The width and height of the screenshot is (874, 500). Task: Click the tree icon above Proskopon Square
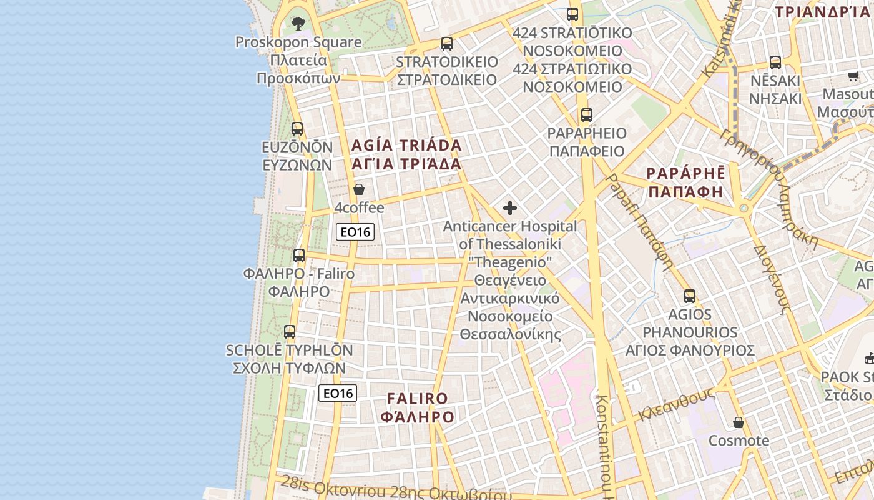click(298, 24)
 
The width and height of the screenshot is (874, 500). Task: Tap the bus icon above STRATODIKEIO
click(447, 44)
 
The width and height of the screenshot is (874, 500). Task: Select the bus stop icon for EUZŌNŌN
click(297, 129)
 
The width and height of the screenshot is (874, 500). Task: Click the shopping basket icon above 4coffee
click(359, 189)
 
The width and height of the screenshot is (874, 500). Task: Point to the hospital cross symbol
click(510, 208)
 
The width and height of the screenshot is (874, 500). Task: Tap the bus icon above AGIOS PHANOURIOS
click(690, 296)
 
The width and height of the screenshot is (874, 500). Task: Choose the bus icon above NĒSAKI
click(775, 62)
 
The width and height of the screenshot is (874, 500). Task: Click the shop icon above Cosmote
click(739, 423)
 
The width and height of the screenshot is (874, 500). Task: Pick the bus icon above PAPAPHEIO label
click(586, 115)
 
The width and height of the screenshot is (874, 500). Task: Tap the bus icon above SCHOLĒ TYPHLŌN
click(290, 332)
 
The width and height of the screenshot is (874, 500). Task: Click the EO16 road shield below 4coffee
click(355, 232)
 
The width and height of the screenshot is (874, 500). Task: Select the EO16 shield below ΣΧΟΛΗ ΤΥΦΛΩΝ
click(338, 393)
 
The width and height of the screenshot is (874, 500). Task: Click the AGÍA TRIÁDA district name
click(406, 146)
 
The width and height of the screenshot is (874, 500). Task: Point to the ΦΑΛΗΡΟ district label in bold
click(418, 417)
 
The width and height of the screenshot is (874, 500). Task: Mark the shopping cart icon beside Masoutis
click(853, 76)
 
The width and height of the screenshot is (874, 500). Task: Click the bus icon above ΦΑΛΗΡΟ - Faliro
click(299, 256)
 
